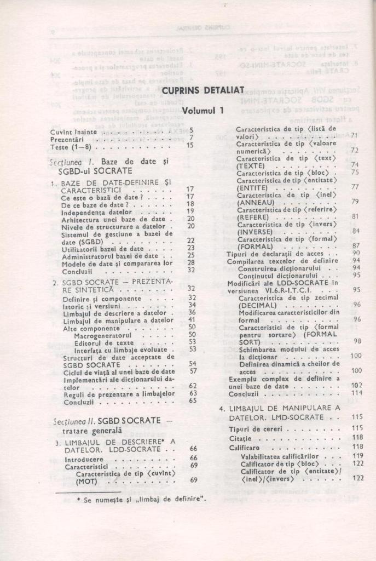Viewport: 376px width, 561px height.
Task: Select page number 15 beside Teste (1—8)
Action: point(190,146)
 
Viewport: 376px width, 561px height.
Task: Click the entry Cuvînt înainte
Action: point(73,131)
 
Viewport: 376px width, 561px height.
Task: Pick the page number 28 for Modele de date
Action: point(190,262)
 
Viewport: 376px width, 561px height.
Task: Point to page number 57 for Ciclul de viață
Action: point(193,371)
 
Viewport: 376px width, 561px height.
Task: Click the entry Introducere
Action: point(83,458)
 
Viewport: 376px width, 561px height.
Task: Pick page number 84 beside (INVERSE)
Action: point(356,231)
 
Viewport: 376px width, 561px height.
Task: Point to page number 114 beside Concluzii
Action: point(357,393)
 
